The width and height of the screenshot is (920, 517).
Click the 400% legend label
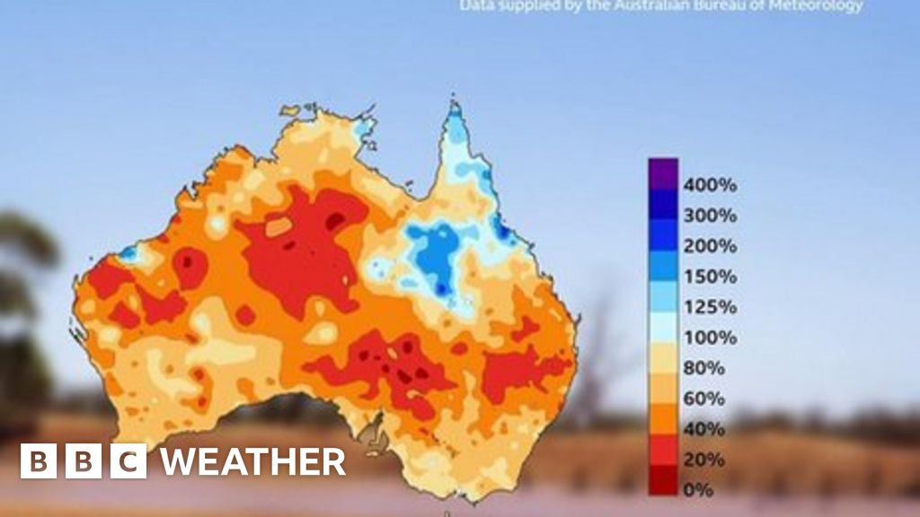(x=710, y=185)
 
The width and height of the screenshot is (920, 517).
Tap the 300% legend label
(x=710, y=215)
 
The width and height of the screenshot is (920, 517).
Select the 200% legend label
(x=710, y=246)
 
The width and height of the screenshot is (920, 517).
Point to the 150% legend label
(x=710, y=276)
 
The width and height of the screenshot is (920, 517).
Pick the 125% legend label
(x=710, y=307)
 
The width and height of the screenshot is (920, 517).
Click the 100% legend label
(x=710, y=337)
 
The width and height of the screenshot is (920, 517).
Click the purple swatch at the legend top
(x=663, y=172)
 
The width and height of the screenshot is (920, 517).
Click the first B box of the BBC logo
(x=38, y=461)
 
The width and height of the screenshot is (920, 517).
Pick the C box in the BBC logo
(x=129, y=461)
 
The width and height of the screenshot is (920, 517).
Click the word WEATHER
(x=252, y=461)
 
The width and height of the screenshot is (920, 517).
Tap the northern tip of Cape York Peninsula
(x=455, y=107)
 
